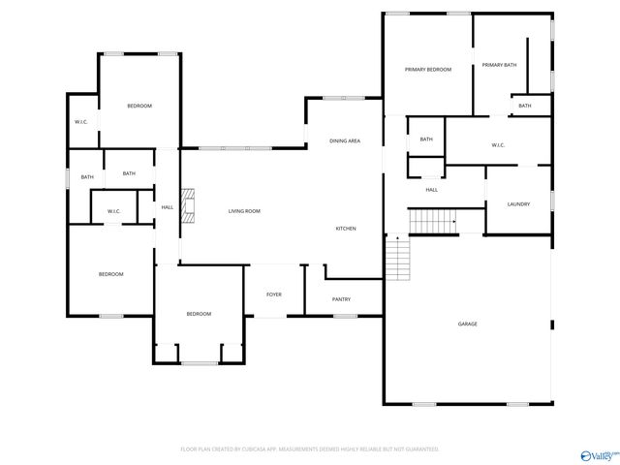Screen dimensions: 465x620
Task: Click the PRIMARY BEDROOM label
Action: [428, 70]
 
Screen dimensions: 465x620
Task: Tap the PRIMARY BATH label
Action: [500, 65]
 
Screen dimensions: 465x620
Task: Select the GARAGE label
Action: [467, 324]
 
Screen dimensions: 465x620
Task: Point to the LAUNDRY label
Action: [519, 204]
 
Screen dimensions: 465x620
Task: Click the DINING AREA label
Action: [345, 141]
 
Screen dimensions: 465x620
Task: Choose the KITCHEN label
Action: [346, 229]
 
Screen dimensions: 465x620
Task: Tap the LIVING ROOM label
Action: [244, 211]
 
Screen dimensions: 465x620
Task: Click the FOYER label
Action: [274, 294]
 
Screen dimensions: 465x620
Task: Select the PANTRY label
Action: [341, 300]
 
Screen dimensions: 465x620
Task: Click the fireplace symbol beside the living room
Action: [190, 206]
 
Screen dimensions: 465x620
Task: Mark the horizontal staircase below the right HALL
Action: [432, 223]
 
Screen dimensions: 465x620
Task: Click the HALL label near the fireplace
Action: [168, 207]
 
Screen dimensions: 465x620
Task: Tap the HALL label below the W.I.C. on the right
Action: [432, 190]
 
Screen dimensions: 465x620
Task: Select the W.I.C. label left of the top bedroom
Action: [82, 122]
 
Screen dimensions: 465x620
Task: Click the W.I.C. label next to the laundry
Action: [498, 145]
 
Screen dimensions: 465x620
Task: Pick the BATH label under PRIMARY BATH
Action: [525, 106]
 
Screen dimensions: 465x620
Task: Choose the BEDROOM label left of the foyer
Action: [199, 314]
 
